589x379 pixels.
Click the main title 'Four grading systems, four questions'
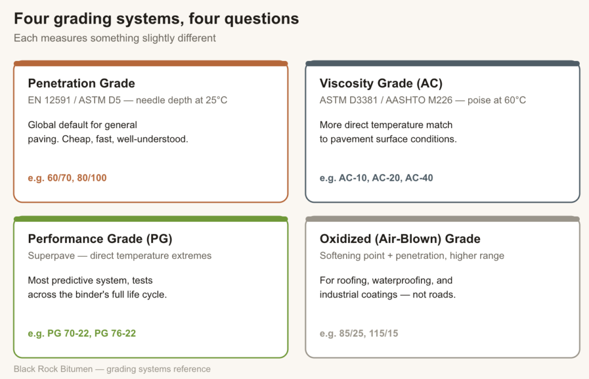tap(156, 19)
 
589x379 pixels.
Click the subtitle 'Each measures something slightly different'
tap(115, 38)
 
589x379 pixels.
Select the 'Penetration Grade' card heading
tap(82, 83)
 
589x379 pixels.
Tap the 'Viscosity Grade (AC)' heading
tap(381, 83)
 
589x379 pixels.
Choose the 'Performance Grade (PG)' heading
tap(100, 239)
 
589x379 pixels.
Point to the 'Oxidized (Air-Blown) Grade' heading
tap(400, 239)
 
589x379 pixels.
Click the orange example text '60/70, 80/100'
tap(77, 177)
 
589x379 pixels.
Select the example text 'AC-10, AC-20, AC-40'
tap(386, 177)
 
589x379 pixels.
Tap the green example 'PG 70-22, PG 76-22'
tap(91, 333)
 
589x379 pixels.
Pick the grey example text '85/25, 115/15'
tap(369, 333)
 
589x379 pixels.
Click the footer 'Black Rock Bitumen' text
tap(53, 369)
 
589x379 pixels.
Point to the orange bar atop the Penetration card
tap(151, 63)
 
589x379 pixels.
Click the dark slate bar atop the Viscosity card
tap(442, 63)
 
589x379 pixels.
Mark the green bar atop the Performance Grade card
tap(151, 219)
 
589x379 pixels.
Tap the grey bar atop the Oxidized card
tap(442, 219)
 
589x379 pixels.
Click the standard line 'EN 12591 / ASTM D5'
tap(74, 100)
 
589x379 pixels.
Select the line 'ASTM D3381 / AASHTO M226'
tap(386, 100)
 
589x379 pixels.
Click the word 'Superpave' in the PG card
tap(51, 256)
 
